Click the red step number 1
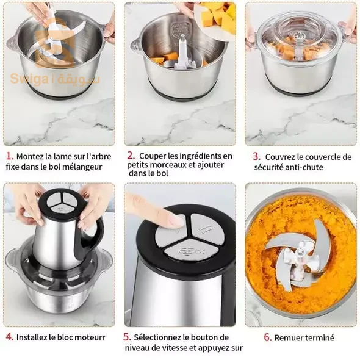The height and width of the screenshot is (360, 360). pos(10,156)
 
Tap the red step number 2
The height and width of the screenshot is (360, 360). pos(131,156)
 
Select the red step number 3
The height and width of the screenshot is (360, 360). pos(257,157)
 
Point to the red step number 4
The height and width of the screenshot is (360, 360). pos(10,337)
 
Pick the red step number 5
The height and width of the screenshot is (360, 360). pos(127,337)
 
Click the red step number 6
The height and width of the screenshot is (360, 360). pos(268,337)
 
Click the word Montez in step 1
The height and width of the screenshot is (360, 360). pos(31,157)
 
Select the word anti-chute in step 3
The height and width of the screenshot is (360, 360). pos(304,167)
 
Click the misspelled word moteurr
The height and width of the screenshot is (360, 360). pos(90,337)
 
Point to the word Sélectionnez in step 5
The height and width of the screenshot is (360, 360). pos(157,337)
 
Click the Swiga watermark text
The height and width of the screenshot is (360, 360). pos(29,79)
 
